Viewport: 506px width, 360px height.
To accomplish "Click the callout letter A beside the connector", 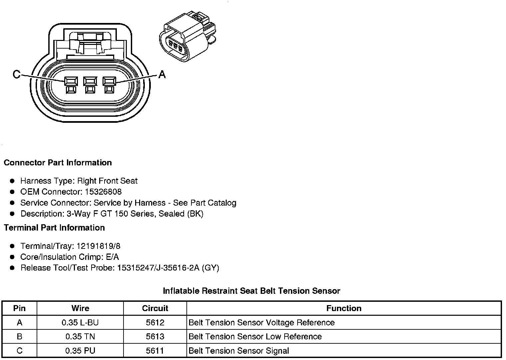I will (162, 74).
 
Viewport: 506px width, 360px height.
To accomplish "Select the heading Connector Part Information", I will (58, 163).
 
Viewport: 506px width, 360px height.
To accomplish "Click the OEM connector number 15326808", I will (103, 192).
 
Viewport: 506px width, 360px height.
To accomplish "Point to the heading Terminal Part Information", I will (54, 228).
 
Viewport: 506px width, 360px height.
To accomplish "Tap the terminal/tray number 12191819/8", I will (99, 246).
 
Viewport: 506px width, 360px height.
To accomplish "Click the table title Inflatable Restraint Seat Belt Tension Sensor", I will (251, 291).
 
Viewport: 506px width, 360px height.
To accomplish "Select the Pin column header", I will (19, 308).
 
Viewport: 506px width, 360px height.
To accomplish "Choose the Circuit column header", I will (155, 308).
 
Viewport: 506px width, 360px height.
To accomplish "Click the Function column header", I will (344, 308).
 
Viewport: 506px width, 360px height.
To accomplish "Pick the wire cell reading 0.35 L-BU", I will (80, 323).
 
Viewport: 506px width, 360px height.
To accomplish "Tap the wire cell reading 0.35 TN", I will (80, 337).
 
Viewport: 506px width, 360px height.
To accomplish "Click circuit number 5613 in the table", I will (155, 337).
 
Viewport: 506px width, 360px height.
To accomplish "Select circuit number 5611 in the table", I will (155, 351).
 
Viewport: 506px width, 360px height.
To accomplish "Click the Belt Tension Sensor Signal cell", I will (239, 351).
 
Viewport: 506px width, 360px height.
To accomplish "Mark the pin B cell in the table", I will (19, 337).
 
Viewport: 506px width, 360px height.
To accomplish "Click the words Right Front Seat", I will (107, 181).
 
